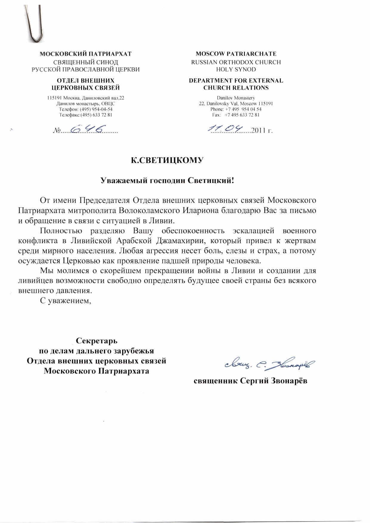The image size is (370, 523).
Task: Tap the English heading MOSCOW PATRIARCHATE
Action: pyautogui.click(x=236, y=54)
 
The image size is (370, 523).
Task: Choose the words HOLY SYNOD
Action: pyautogui.click(x=236, y=69)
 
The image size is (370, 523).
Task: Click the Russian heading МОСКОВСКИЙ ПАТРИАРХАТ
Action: pyautogui.click(x=86, y=54)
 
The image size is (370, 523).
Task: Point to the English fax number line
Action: pyautogui.click(x=236, y=115)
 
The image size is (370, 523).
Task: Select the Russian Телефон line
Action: pyautogui.click(x=86, y=109)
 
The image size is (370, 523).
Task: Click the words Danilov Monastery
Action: pyautogui.click(x=236, y=98)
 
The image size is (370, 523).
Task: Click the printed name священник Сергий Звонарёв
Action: pyautogui.click(x=250, y=381)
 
